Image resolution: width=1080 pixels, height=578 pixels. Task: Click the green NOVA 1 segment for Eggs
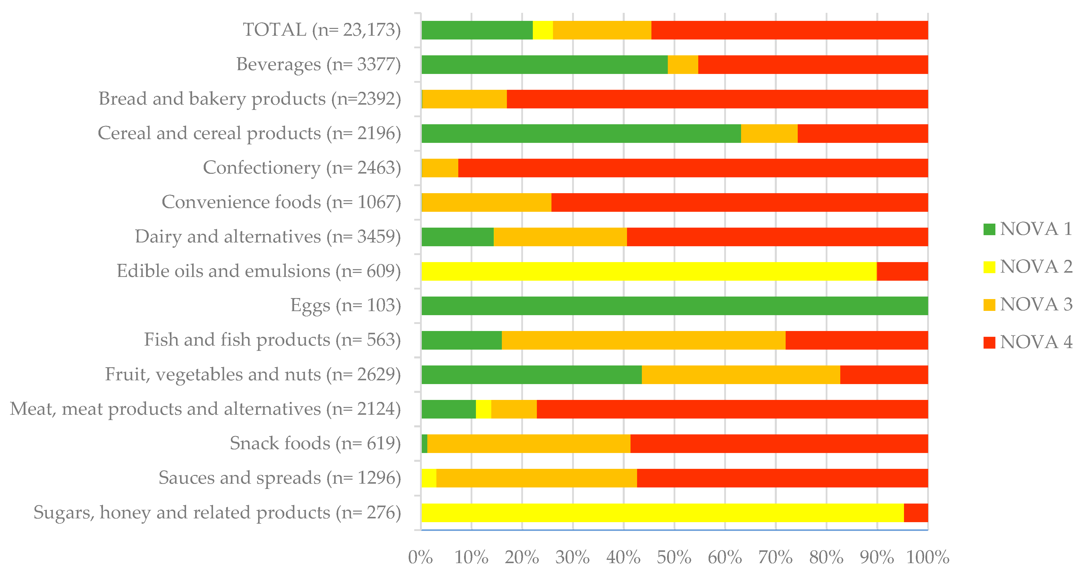coord(674,306)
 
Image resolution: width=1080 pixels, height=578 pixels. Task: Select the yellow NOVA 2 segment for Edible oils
coord(649,271)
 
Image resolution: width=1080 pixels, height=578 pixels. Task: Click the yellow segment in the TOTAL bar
coord(542,30)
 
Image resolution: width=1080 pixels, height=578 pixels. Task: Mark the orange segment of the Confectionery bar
coord(440,168)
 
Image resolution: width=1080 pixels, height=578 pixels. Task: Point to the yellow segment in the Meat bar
coord(483,409)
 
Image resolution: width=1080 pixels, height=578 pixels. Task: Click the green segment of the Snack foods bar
coord(424,443)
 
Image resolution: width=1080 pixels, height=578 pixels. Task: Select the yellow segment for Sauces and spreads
coord(429,478)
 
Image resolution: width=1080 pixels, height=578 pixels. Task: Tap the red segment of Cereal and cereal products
coord(862,134)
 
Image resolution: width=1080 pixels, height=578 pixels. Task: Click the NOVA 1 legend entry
coord(1027,229)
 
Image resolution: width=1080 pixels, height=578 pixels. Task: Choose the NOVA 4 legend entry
coord(1027,342)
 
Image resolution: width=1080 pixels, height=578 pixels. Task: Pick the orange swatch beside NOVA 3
coord(989,305)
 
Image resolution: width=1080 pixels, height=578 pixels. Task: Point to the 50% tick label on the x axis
coord(674,557)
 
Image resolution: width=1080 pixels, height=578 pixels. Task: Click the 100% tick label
coord(927,557)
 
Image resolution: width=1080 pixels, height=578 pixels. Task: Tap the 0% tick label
coord(421,557)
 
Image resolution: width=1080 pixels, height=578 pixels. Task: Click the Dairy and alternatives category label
coord(267,237)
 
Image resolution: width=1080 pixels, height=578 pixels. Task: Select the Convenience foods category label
coord(281,202)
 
